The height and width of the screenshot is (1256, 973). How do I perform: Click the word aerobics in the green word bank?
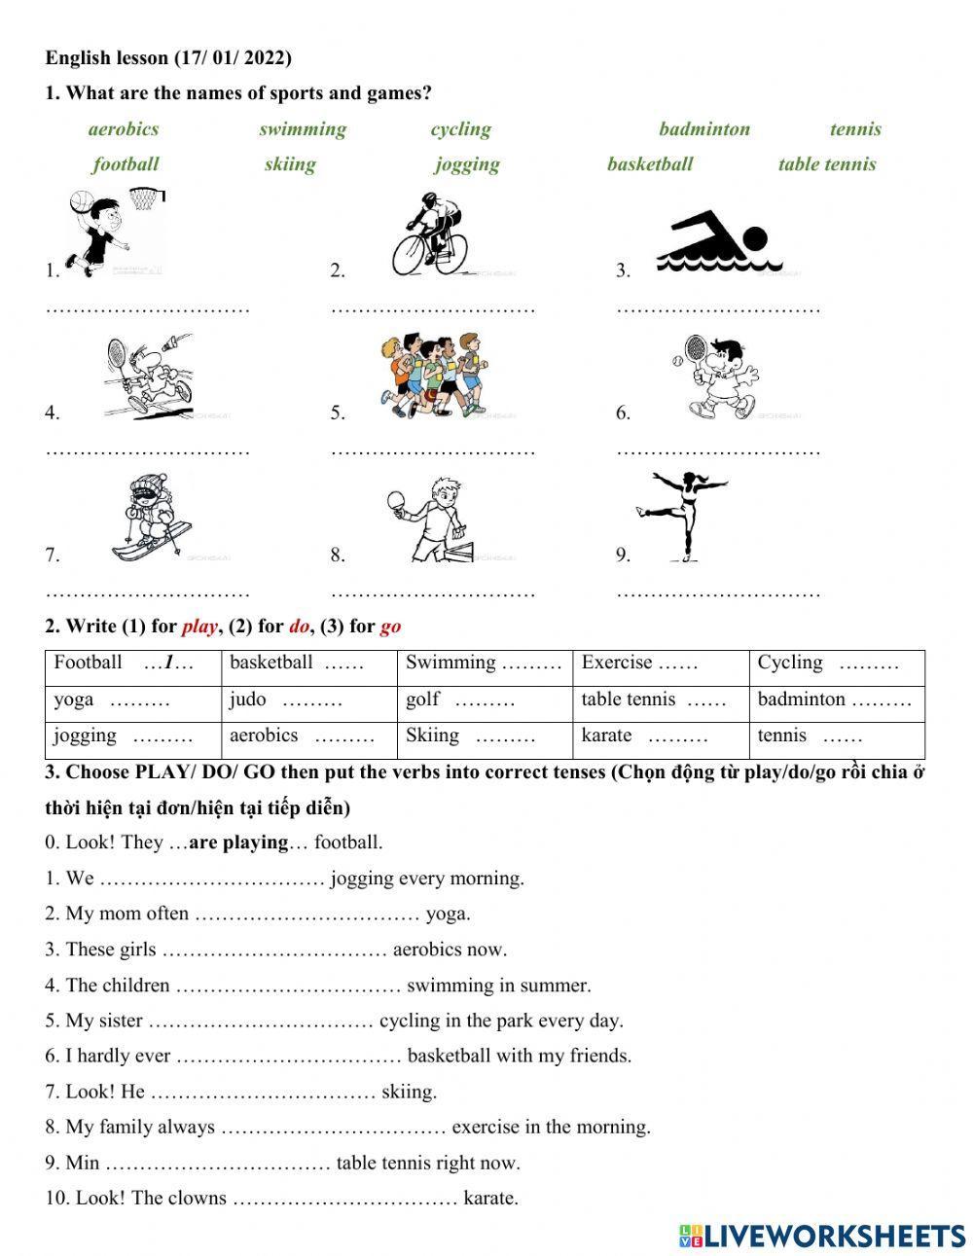(123, 129)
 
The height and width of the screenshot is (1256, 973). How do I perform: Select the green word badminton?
(703, 129)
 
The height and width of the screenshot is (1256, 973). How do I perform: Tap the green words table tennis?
(826, 164)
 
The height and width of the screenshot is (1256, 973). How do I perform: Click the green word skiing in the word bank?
(290, 164)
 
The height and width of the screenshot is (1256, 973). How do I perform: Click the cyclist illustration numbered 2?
(429, 234)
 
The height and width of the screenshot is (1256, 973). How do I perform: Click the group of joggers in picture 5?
(432, 376)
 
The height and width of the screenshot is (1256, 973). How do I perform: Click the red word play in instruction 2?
(198, 627)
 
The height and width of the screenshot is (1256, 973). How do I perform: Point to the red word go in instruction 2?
(390, 627)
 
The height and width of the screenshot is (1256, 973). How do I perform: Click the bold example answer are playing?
(238, 843)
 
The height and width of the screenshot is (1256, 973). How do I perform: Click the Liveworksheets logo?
(821, 1236)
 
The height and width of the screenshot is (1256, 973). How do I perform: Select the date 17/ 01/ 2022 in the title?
(233, 58)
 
